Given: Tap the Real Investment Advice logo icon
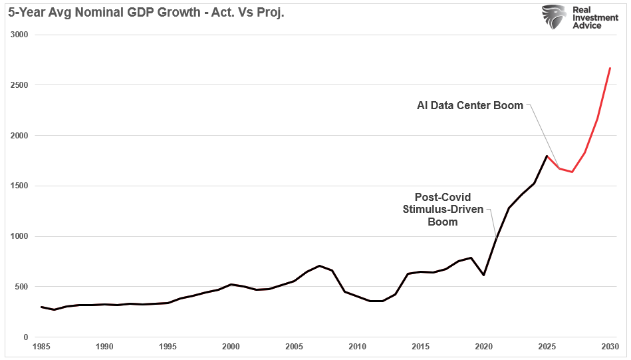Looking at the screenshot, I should point(553,17).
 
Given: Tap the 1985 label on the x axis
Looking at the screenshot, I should point(41,347).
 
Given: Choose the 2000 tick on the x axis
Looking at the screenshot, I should point(231,347).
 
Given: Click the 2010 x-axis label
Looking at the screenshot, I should point(357,347).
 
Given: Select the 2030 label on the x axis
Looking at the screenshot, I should point(610,347).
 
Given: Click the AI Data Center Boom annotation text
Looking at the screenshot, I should point(470,105).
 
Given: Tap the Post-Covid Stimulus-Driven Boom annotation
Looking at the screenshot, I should point(442,209).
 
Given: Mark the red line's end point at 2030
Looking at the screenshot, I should point(610,68).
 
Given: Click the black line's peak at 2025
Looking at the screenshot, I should point(547,156).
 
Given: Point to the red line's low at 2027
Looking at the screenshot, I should point(572,172).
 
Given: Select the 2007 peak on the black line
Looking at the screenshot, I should point(319,266).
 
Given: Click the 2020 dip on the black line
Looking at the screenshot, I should point(483,275).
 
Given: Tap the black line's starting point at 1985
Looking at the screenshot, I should point(41,307).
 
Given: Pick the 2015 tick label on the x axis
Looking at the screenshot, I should point(420,347).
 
